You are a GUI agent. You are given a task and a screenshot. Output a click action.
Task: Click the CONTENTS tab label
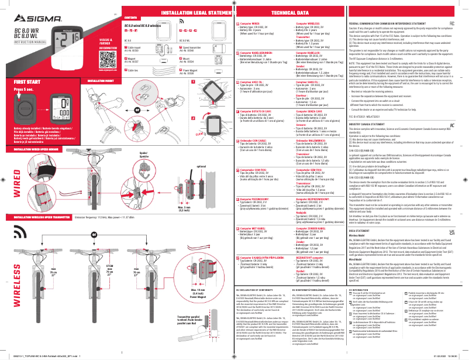(x=130, y=19)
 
